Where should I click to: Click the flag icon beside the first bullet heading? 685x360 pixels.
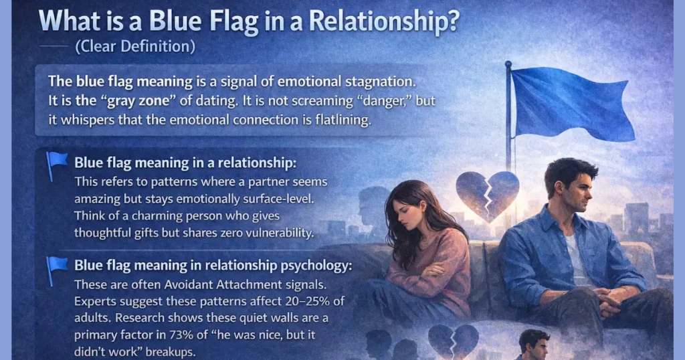[x=57, y=164]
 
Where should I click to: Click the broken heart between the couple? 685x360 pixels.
[x=486, y=194]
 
